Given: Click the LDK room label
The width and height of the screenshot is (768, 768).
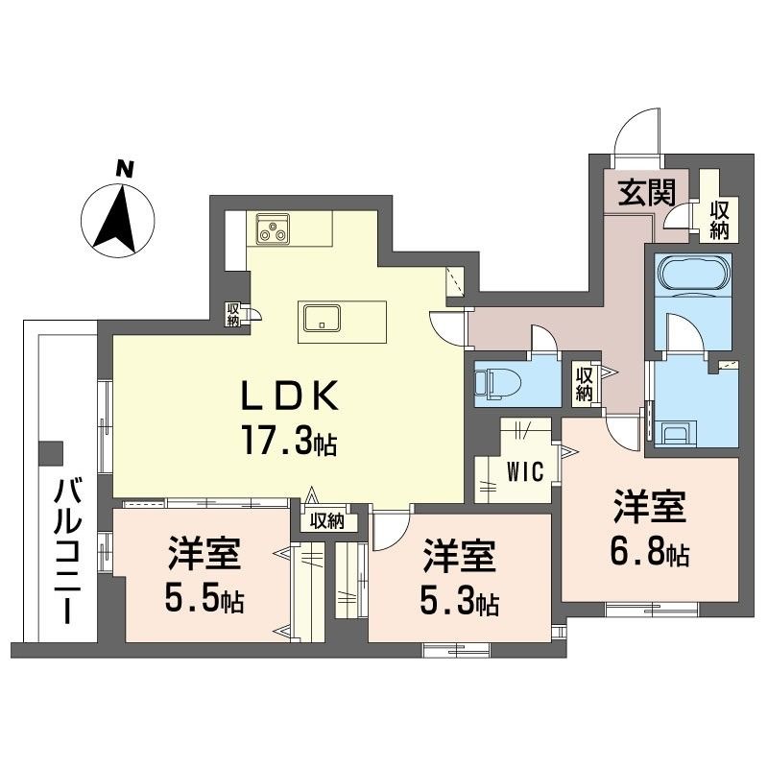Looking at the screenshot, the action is (x=290, y=396).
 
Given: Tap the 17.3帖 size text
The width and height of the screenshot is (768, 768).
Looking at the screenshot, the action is (x=289, y=442).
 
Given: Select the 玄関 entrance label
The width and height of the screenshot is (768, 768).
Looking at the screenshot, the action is (x=646, y=193).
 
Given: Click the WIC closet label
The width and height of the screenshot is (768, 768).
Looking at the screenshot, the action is (x=525, y=471).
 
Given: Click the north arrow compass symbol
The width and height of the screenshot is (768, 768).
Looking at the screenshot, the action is (x=117, y=220).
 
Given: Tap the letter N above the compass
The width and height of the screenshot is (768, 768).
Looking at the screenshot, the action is (x=125, y=170).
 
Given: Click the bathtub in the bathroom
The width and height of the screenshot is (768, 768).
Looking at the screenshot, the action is (x=691, y=273).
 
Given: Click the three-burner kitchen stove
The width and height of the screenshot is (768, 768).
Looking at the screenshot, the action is (x=273, y=229).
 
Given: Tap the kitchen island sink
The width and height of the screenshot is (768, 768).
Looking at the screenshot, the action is (x=322, y=318).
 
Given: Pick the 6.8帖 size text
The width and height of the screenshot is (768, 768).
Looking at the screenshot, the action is (x=650, y=555).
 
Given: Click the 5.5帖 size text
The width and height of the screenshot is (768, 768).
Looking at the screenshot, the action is (x=204, y=599).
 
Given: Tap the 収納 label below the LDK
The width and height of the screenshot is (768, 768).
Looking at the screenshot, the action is (x=327, y=521).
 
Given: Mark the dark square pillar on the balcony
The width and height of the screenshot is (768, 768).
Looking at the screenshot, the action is (x=51, y=453).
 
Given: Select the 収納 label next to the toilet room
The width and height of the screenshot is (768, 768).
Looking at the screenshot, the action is (x=584, y=384).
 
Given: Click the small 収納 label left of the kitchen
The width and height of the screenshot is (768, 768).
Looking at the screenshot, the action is (x=232, y=315).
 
